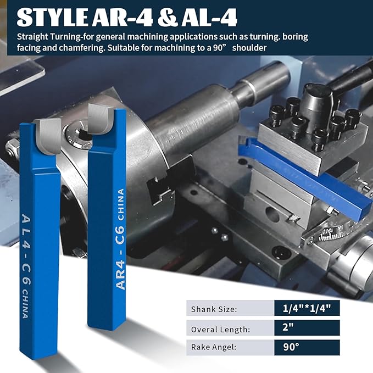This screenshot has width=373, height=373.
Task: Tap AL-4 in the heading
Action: tap(209, 18)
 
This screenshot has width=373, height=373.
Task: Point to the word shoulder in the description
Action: tap(249, 48)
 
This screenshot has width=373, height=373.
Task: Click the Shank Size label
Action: tap(214, 309)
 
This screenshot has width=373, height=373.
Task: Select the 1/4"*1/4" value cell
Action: tap(307, 308)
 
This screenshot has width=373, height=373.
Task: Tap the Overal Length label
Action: tap(220, 329)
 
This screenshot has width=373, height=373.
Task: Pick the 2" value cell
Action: tap(307, 327)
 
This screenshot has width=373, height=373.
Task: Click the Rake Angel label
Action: tap(214, 347)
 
